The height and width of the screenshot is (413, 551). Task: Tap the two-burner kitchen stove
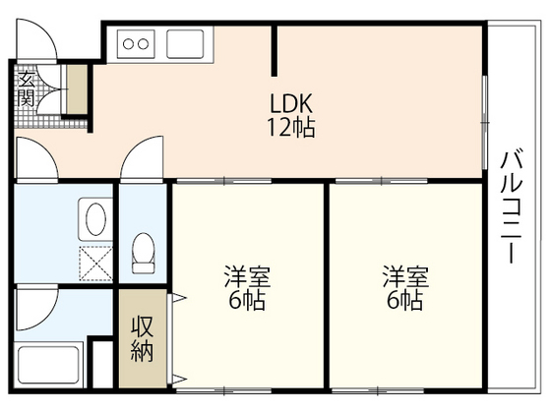137,43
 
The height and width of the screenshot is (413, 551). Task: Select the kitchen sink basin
184,43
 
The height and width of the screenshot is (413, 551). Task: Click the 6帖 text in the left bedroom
246,301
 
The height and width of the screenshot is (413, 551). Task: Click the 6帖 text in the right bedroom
404,301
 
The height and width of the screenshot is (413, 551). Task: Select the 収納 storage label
143,337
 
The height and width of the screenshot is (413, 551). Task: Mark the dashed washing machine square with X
95,263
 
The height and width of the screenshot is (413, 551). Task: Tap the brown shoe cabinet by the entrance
76,88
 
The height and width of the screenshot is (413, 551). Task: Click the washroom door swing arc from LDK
37,157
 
